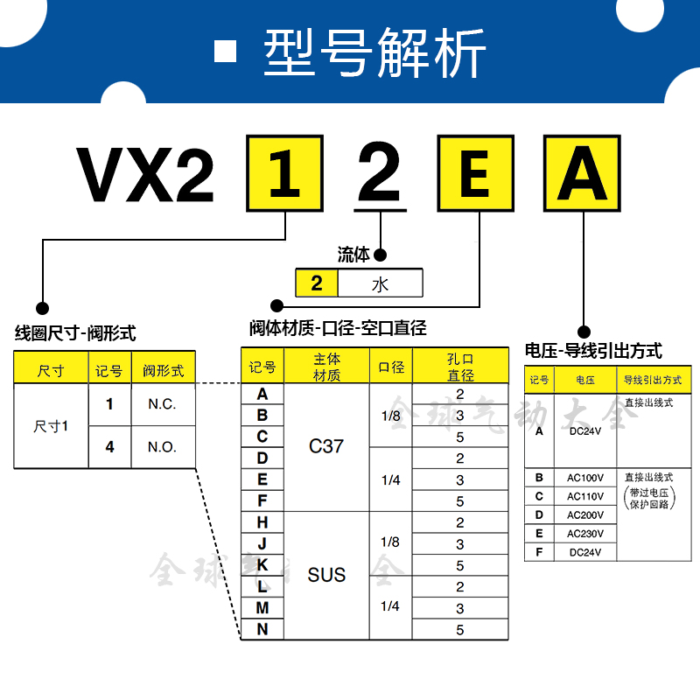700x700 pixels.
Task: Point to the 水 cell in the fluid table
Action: [x=380, y=283]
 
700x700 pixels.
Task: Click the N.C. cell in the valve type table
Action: [x=163, y=404]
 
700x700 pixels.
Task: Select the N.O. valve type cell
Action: [x=163, y=446]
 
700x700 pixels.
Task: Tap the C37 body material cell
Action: [x=326, y=446]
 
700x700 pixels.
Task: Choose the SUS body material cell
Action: [x=326, y=575]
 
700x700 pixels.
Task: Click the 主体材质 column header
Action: [x=326, y=367]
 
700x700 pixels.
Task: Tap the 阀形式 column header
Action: [x=163, y=370]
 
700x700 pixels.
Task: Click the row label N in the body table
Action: [x=262, y=628]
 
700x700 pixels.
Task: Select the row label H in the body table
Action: [x=262, y=522]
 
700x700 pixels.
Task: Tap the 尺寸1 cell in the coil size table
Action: [x=52, y=426]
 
